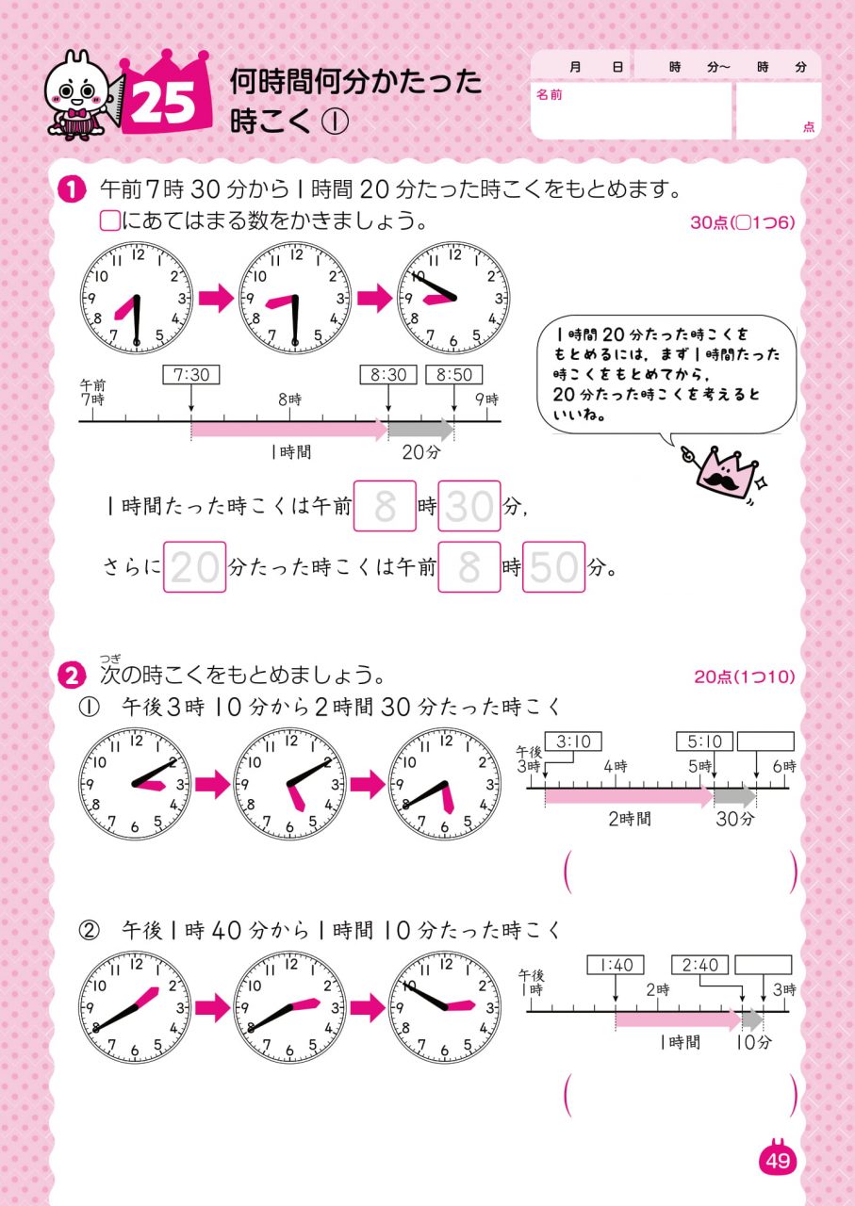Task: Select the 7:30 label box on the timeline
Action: [x=191, y=375]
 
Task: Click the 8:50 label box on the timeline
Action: [x=454, y=375]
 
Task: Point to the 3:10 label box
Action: [x=573, y=742]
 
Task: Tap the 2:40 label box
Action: [x=699, y=965]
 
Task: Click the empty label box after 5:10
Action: [x=765, y=742]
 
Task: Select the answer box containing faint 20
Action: [x=194, y=567]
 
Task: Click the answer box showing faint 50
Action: [x=554, y=567]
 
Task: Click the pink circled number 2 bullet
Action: [x=72, y=676]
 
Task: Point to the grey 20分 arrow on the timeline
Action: [x=421, y=430]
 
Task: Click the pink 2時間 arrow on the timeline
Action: [x=630, y=796]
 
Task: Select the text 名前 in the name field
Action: [x=549, y=95]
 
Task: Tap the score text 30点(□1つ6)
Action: [x=743, y=222]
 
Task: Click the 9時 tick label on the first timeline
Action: [x=487, y=399]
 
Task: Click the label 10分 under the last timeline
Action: [x=754, y=1042]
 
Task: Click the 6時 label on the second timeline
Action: [x=784, y=766]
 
